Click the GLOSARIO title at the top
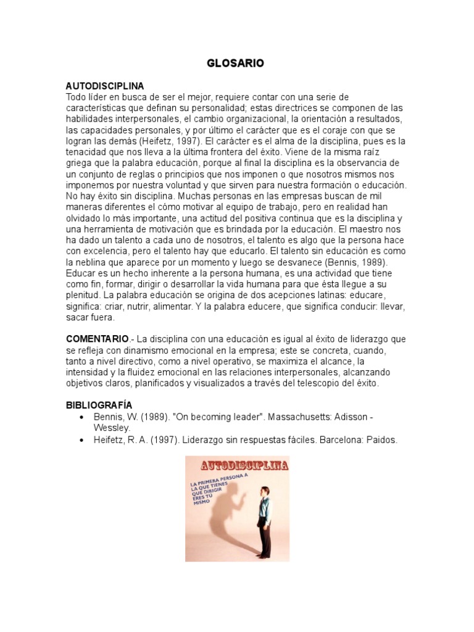coord(237,64)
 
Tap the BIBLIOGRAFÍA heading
coord(99,405)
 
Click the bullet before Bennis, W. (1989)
coord(81,417)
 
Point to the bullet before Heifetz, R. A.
coord(81,440)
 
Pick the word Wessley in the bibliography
coord(112,427)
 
